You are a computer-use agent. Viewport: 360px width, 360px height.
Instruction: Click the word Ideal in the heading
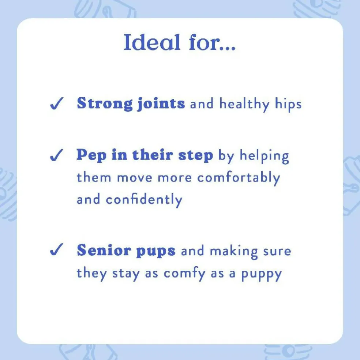pyautogui.click(x=151, y=42)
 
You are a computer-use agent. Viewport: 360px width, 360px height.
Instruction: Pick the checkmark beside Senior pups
pyautogui.click(x=57, y=249)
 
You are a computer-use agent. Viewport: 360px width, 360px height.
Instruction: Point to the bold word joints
pyautogui.click(x=161, y=104)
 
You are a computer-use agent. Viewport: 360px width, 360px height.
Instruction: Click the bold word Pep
pyautogui.click(x=91, y=155)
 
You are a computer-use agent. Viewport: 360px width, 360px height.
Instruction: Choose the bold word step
pyautogui.click(x=196, y=155)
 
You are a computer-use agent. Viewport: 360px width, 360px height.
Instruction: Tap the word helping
pyautogui.click(x=264, y=156)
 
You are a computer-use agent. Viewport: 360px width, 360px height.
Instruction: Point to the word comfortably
pyautogui.click(x=239, y=178)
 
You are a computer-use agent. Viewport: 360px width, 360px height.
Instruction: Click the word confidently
pyautogui.click(x=144, y=199)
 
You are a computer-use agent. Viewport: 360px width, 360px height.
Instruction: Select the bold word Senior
pyautogui.click(x=104, y=250)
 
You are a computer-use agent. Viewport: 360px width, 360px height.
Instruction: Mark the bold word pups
pyautogui.click(x=156, y=251)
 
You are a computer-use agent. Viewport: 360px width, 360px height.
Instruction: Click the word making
pyautogui.click(x=234, y=252)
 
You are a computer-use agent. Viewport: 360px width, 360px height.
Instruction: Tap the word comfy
pyautogui.click(x=184, y=274)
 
